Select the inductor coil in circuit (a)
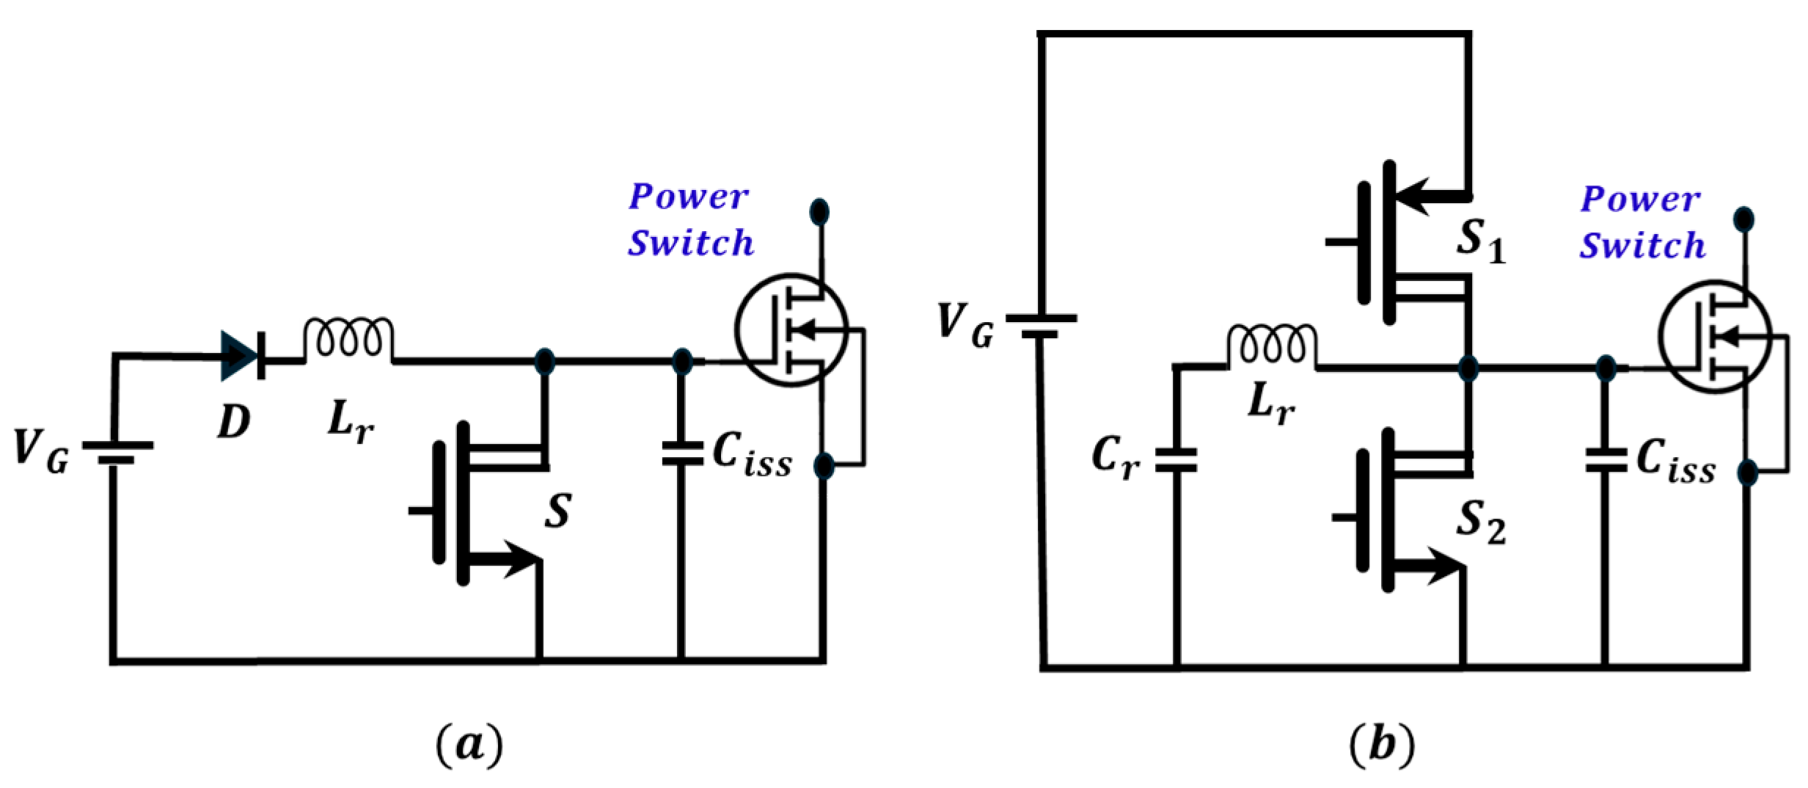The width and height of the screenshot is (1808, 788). click(x=348, y=339)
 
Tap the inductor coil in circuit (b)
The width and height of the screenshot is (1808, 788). click(x=1271, y=345)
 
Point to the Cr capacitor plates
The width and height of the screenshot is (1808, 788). click(x=1176, y=460)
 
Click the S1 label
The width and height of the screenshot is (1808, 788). click(x=1480, y=241)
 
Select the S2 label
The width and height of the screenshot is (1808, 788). click(x=1480, y=523)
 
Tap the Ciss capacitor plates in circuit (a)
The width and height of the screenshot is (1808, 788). click(x=681, y=453)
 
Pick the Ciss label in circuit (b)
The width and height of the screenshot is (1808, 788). click(x=1675, y=462)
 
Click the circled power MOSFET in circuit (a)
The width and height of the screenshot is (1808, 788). click(x=791, y=330)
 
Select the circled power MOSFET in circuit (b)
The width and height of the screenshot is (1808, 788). click(x=1715, y=338)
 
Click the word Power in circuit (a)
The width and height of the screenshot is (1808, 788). click(x=688, y=197)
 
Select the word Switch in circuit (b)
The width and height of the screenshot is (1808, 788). click(x=1642, y=246)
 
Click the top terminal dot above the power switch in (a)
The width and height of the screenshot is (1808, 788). click(x=819, y=212)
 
